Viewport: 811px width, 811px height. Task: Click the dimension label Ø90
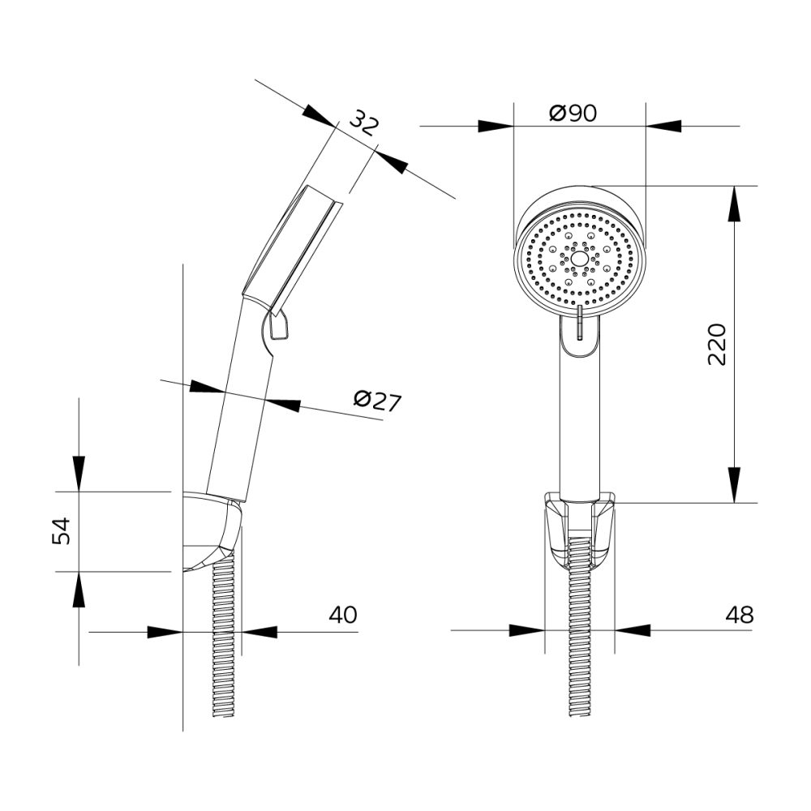(573, 114)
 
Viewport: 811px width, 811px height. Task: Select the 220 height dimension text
(717, 345)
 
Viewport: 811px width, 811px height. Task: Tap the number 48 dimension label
(739, 615)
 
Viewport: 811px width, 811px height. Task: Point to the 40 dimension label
(343, 615)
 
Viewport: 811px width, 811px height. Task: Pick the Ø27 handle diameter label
(378, 401)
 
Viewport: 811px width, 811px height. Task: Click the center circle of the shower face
(580, 260)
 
